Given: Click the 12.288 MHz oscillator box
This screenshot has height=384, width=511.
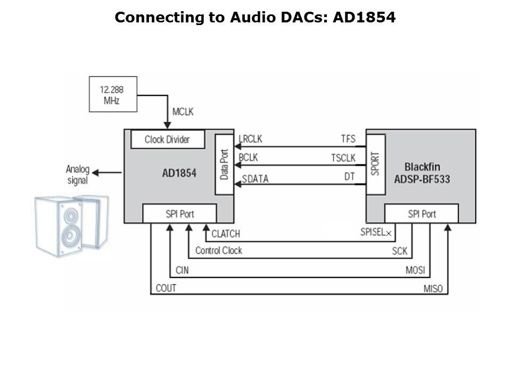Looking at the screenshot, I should [112, 94].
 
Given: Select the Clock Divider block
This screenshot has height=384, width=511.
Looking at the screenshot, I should [167, 140].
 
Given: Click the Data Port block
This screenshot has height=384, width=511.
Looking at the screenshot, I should [224, 165].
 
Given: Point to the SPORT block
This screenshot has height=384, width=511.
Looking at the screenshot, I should [375, 164].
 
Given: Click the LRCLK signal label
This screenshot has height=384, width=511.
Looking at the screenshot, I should [251, 139].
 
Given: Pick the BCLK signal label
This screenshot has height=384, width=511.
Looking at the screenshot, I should [249, 158].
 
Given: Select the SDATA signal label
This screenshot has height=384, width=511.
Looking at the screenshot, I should [255, 179].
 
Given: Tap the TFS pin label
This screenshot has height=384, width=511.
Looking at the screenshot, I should [348, 139].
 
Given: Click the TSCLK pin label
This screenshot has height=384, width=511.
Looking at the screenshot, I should [343, 158].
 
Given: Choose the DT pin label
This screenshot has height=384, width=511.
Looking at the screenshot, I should [349, 175].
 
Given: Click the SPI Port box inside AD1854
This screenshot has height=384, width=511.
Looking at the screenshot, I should [179, 214].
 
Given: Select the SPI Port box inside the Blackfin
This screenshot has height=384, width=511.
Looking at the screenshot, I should [422, 214].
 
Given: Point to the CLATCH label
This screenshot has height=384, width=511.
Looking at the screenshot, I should [226, 234].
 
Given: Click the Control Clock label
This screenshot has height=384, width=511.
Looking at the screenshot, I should [218, 250].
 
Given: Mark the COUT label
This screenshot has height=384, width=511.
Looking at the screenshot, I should [166, 289].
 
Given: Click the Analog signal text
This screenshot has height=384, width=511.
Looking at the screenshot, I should [77, 174].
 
